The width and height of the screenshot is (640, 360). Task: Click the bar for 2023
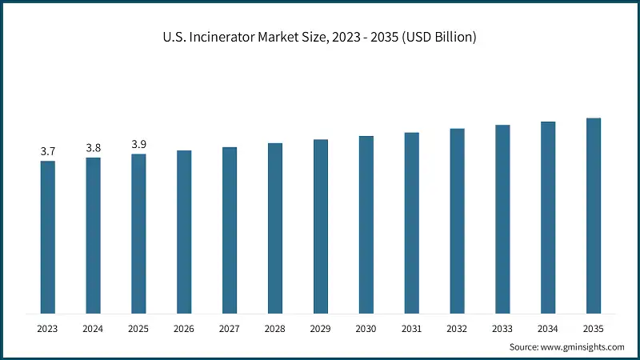tap(48, 236)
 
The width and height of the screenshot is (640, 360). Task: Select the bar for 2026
tap(184, 231)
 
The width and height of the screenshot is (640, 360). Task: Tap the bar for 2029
tap(321, 226)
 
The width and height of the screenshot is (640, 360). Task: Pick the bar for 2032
tap(457, 220)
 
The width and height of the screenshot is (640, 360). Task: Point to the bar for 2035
tap(594, 215)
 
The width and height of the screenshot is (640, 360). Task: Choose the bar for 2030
tap(366, 224)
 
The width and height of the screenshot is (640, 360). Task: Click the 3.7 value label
tap(48, 151)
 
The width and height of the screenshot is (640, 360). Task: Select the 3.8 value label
tap(94, 148)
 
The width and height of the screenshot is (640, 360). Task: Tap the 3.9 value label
tap(139, 144)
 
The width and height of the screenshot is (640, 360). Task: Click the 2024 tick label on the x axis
tap(94, 328)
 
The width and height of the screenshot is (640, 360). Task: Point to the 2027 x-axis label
tap(230, 328)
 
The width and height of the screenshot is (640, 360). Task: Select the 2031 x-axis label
tap(411, 328)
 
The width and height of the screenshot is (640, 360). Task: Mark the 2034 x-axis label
tap(548, 328)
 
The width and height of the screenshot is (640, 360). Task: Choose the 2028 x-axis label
tap(275, 328)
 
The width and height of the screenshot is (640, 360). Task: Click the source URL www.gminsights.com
tap(583, 346)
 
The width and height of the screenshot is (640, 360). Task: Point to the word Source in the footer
tap(524, 346)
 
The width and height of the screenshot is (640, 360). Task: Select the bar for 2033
tap(502, 218)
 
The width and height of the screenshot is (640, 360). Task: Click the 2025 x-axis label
tap(139, 328)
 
